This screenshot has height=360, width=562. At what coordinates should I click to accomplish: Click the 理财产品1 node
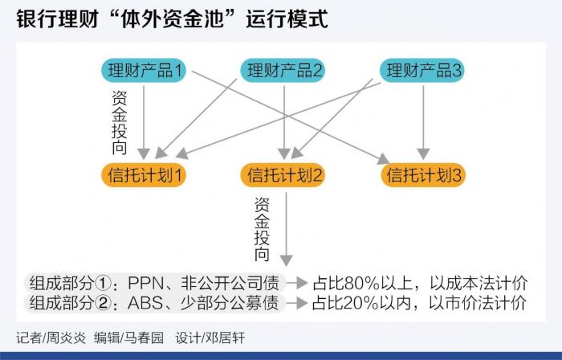(145, 70)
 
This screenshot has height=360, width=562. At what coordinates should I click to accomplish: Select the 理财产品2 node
(283, 70)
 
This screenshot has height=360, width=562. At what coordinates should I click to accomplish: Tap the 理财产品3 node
(423, 70)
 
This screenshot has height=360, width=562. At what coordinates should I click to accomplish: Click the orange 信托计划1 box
(145, 174)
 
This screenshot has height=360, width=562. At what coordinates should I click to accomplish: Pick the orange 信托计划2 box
(284, 174)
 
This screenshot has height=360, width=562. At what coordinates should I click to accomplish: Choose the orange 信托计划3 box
(424, 174)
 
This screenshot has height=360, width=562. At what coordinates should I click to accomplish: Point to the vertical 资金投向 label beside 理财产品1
(118, 120)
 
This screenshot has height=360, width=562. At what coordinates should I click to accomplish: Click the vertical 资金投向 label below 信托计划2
(261, 228)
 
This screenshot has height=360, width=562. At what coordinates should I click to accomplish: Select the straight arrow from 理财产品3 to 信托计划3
(424, 121)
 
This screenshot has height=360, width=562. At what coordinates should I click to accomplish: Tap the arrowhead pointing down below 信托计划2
(285, 260)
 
